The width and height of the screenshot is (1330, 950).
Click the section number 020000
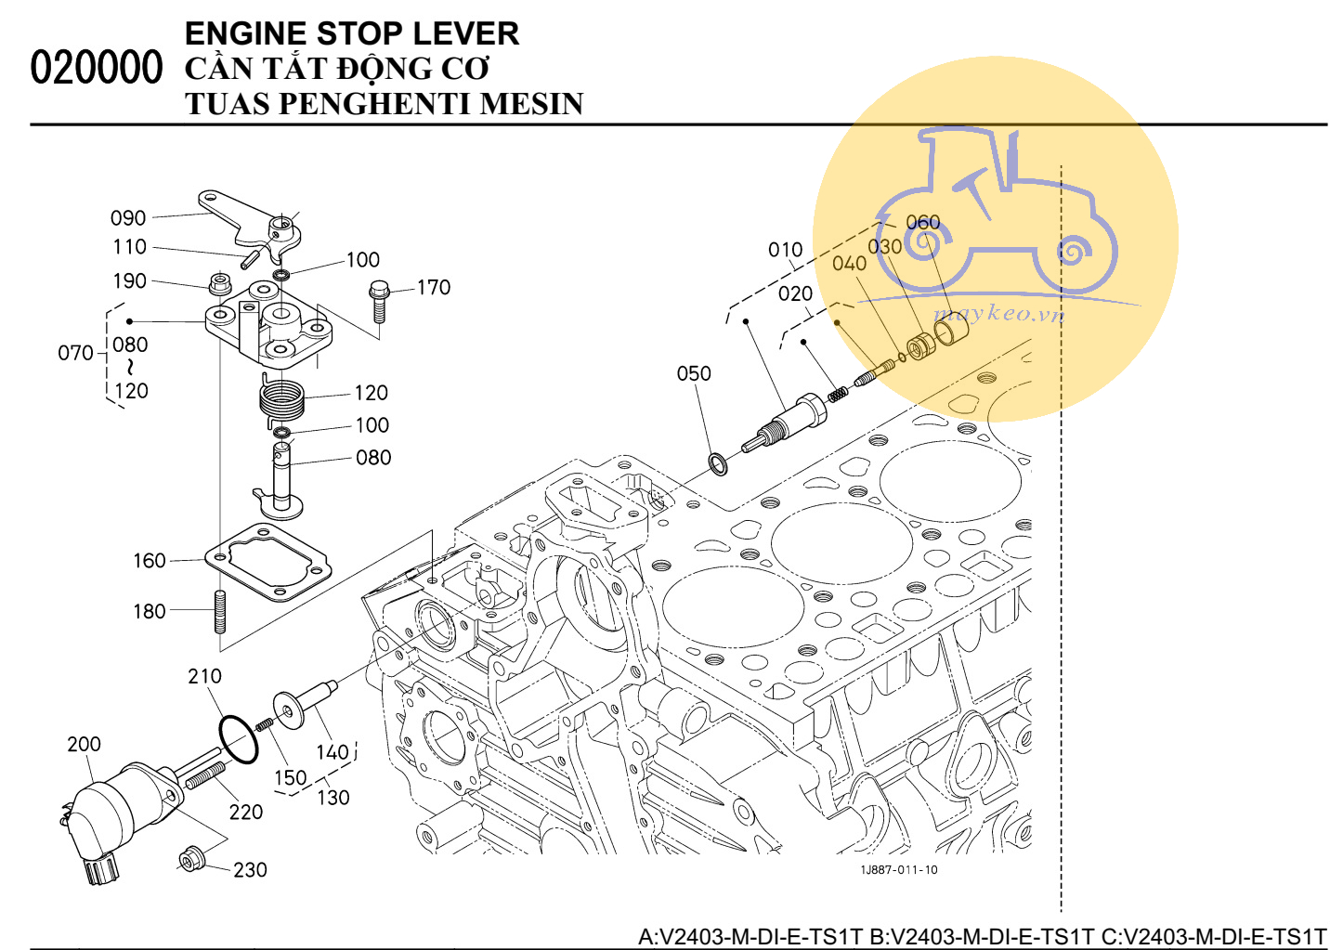point(96,68)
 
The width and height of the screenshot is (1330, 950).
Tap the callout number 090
point(128,218)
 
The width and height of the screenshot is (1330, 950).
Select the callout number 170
point(433,288)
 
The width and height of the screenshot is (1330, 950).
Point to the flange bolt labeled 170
point(378,299)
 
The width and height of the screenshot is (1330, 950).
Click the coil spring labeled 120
point(281,399)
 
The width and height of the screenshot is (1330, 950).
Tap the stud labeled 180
point(220,612)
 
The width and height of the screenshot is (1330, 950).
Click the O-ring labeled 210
point(239,739)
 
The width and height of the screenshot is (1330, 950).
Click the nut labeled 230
point(189,859)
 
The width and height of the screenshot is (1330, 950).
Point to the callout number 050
point(694,373)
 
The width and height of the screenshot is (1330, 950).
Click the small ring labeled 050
point(718,462)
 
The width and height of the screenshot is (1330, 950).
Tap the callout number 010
point(785,250)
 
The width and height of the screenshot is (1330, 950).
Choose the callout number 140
point(332,752)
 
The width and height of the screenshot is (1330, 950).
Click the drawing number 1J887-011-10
point(898,870)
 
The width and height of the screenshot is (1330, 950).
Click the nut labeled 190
point(220,282)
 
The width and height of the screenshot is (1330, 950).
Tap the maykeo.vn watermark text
point(998,313)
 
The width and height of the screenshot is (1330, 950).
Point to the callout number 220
point(246,813)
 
